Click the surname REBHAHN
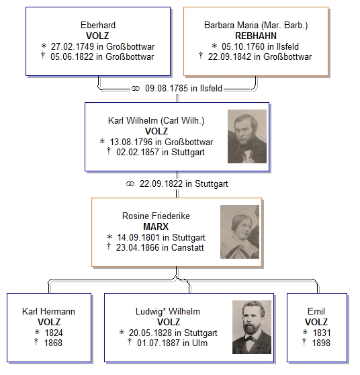click(256, 36)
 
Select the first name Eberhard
click(98, 25)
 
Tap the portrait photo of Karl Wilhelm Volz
click(247, 136)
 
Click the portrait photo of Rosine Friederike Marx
click(240, 232)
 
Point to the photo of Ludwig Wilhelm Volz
click(252, 327)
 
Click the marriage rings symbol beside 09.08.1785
click(135, 89)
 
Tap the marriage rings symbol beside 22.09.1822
click(130, 184)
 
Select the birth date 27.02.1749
click(72, 46)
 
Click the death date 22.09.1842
click(230, 57)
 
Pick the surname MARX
click(156, 226)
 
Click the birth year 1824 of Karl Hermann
click(54, 333)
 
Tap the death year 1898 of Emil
click(321, 343)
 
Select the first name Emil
click(316, 311)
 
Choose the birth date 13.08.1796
click(131, 142)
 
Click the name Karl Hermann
click(48, 311)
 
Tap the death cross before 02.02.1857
click(109, 151)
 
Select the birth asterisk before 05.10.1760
click(214, 46)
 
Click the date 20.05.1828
click(150, 333)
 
